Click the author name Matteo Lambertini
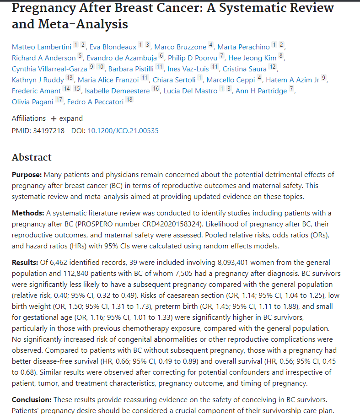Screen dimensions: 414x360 coord(42,47)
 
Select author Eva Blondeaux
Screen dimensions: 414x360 coord(113,47)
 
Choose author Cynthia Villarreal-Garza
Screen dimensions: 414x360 coord(49,69)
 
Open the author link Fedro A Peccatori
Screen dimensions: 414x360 coord(96,102)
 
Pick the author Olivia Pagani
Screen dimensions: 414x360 coord(32,102)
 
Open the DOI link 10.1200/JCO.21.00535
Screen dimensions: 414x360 coord(123,131)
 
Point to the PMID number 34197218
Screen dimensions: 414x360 coord(49,131)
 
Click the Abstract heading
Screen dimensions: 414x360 coord(32,157)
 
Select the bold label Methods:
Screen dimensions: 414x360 coord(27,214)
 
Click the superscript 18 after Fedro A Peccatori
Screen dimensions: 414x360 coord(129,100)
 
